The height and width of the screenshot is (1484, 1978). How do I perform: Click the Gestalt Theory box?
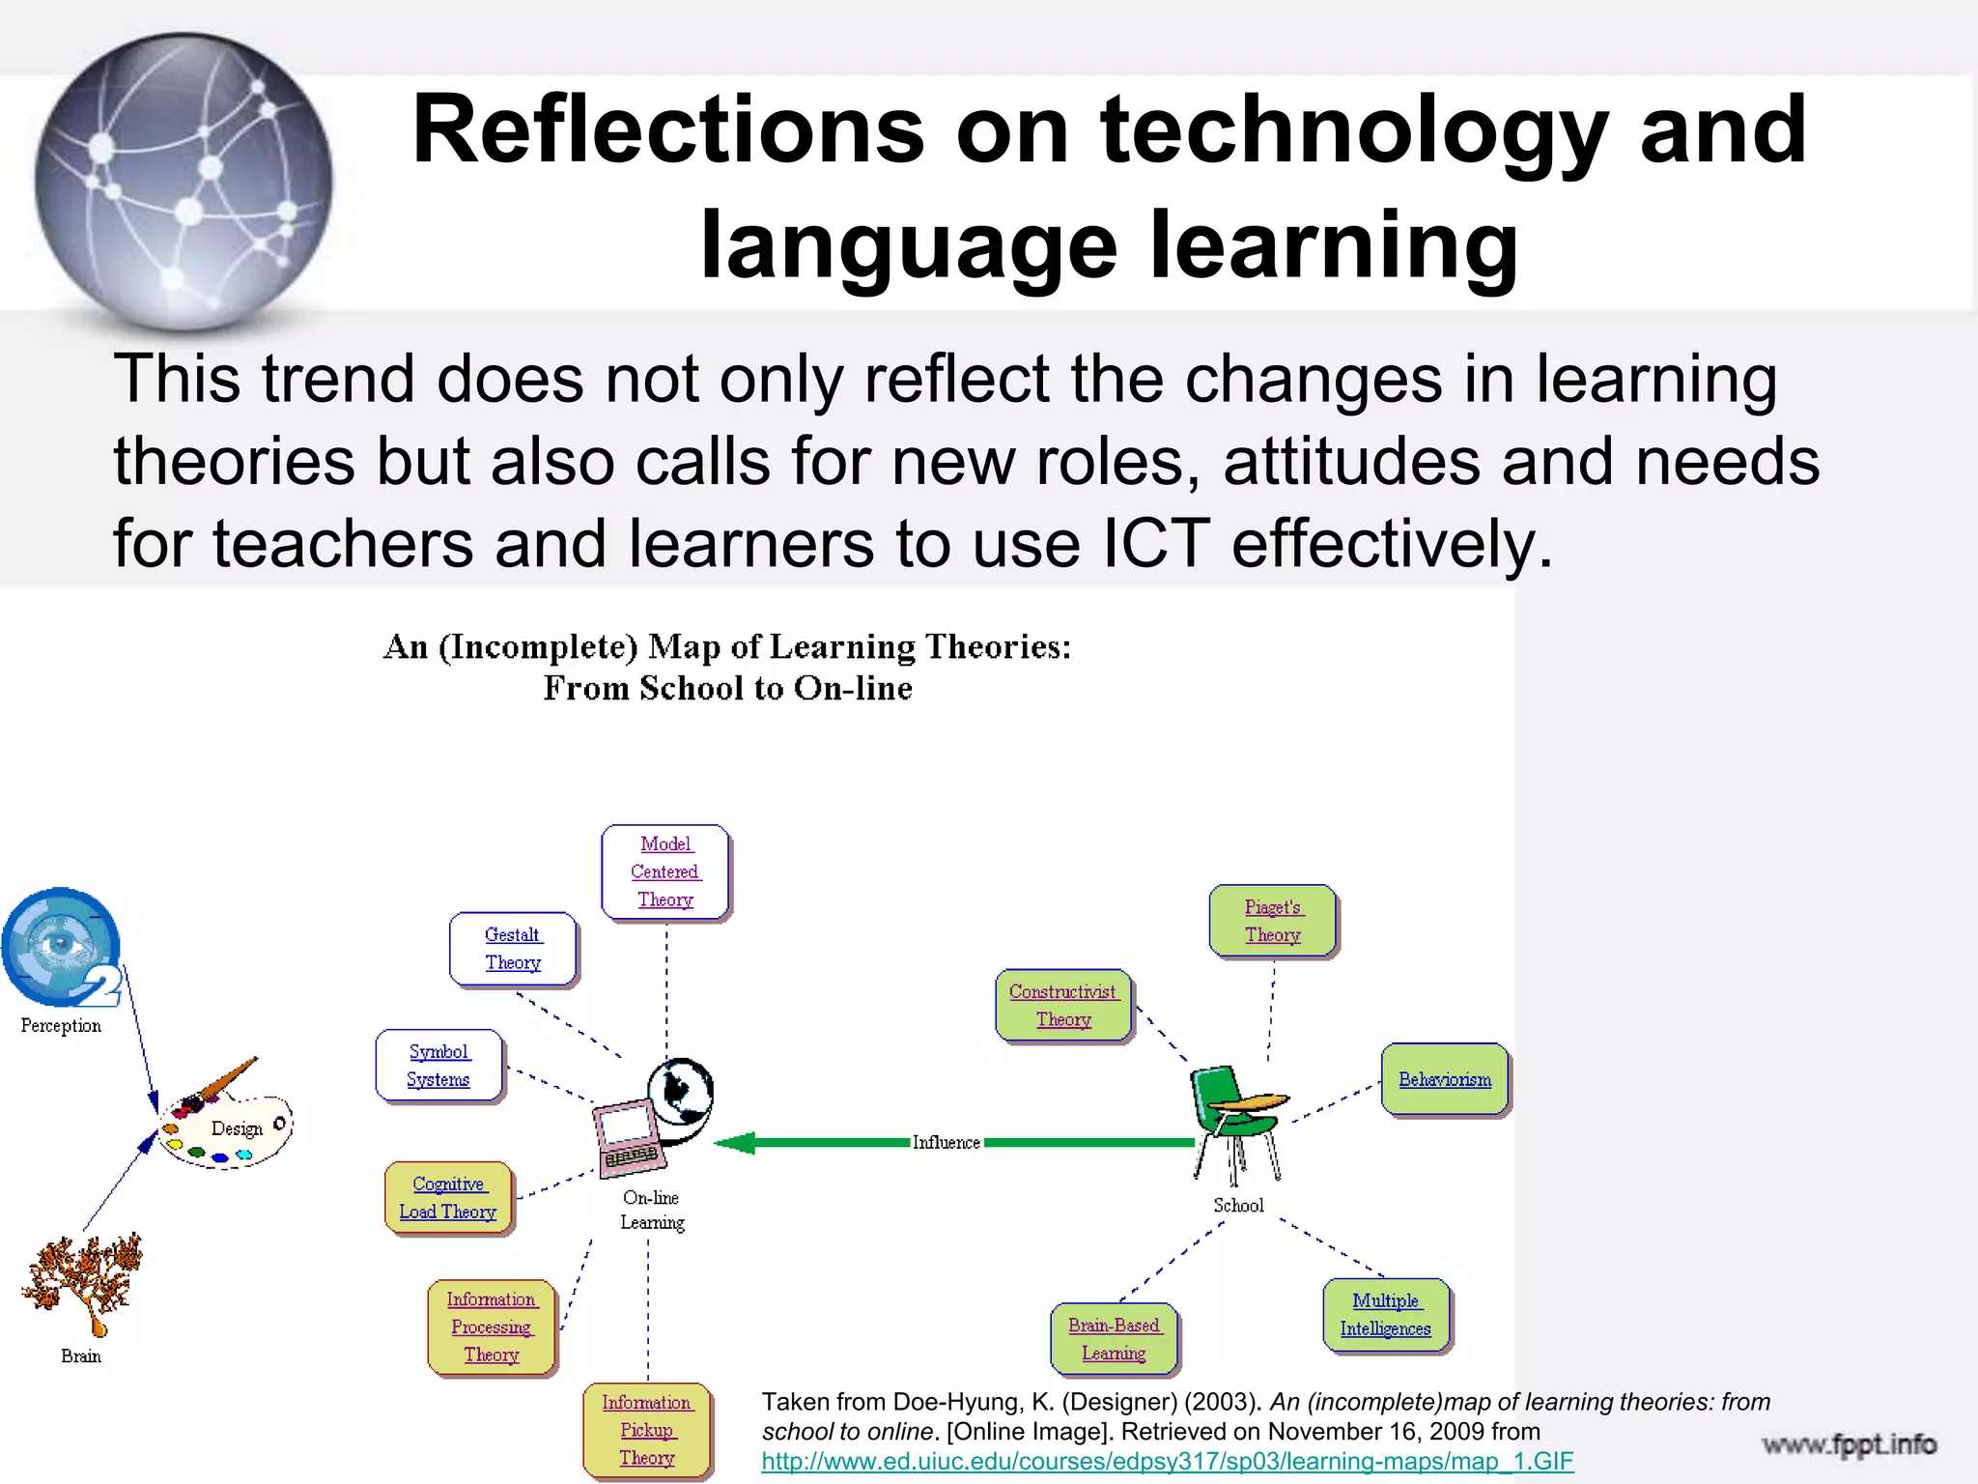pos(513,949)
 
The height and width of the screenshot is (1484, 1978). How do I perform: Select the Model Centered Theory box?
pos(665,871)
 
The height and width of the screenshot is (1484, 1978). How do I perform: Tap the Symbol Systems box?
pos(439,1066)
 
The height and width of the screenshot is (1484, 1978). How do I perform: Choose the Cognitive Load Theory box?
pos(448,1198)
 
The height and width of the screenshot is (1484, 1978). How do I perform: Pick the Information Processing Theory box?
pos(492,1327)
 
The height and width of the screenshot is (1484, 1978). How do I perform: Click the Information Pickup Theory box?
pos(647,1430)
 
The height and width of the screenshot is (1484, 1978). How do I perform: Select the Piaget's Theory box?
pos(1273,921)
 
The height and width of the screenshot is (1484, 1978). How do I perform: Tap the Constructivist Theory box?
pos(1063,1006)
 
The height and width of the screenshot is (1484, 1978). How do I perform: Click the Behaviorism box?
pos(1445,1079)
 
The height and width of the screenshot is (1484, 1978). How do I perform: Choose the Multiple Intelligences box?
pos(1386,1315)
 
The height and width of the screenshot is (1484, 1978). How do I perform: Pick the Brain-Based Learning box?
pos(1115,1339)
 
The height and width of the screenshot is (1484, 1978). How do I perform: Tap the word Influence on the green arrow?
pos(947,1143)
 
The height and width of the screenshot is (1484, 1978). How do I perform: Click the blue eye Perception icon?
pos(62,947)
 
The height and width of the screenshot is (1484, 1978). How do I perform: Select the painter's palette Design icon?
pos(225,1121)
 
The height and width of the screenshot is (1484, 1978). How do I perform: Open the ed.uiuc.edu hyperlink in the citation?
pos(1168,1461)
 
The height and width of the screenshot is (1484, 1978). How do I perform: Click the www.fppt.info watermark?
pos(1850,1444)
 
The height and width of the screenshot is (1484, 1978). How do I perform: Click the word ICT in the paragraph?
pos(1156,543)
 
